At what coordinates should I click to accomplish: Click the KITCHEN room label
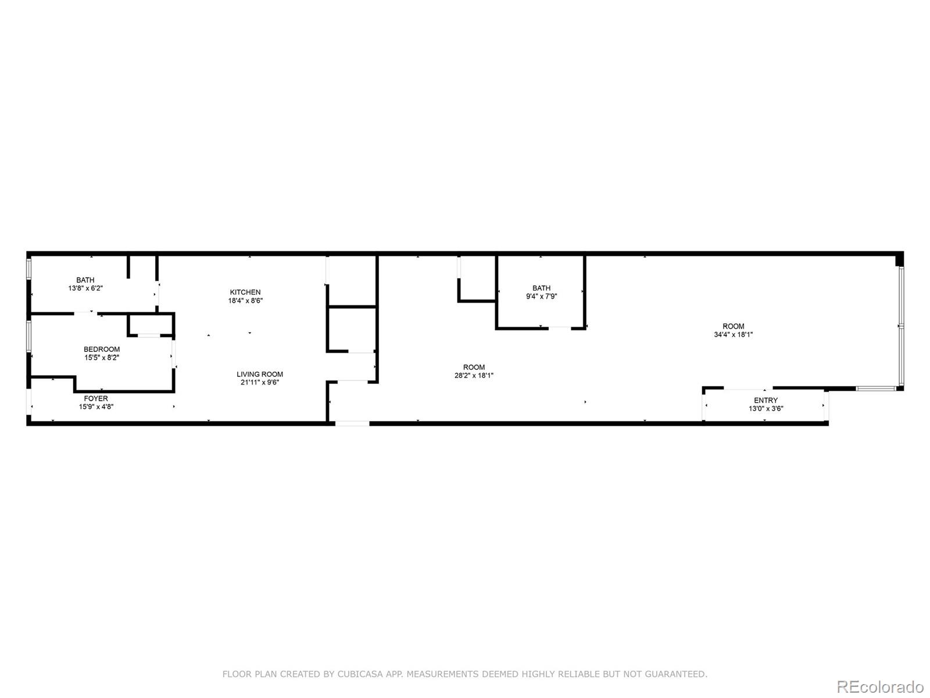click(245, 293)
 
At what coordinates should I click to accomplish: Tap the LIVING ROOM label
click(260, 374)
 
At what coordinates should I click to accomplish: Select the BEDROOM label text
click(102, 349)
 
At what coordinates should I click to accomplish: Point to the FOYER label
click(96, 398)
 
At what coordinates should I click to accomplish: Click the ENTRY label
click(766, 400)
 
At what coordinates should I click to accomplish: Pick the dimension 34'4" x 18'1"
click(733, 334)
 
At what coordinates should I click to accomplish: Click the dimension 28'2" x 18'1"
click(474, 376)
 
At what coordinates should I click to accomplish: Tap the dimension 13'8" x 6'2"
click(85, 288)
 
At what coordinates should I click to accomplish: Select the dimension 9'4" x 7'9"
click(541, 296)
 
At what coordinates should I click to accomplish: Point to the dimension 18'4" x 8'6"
click(245, 301)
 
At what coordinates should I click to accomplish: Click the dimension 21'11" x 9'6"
click(260, 382)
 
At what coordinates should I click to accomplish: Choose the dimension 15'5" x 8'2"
click(102, 358)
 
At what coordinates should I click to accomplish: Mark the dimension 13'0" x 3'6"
click(766, 408)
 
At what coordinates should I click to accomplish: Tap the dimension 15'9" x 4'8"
click(96, 407)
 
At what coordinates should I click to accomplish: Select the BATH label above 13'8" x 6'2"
click(85, 280)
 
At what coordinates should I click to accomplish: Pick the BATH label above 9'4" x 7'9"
click(542, 288)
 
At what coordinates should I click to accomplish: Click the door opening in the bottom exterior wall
click(352, 423)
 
